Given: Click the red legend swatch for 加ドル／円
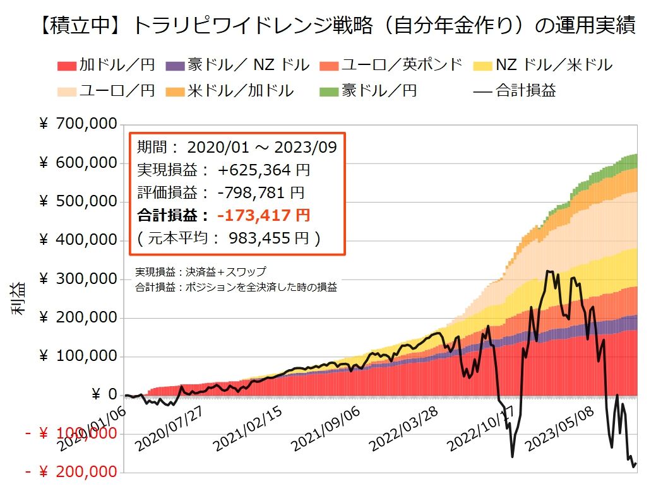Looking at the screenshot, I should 68,65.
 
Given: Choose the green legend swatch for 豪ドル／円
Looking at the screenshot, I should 331,91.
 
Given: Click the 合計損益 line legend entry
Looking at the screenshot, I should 515,91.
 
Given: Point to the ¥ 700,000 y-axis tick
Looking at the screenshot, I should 78,124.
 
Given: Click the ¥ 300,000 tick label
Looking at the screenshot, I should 78,279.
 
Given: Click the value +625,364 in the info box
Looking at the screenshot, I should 255,170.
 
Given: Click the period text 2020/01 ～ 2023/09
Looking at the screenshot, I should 262,148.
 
